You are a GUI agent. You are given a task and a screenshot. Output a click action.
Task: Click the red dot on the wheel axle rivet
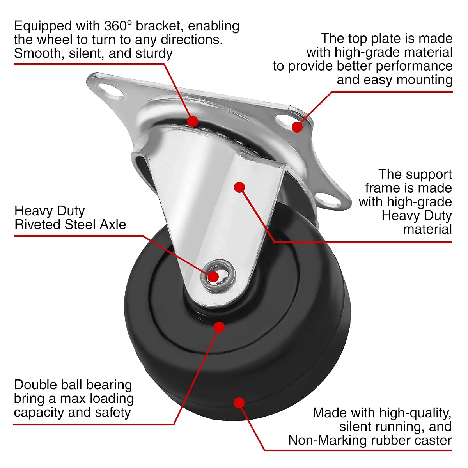coord(213,277)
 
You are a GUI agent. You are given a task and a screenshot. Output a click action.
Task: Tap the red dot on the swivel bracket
coord(193,121)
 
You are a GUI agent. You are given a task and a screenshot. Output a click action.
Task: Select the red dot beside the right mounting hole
coord(297,127)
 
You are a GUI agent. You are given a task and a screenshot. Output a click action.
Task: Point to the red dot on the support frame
coord(239,187)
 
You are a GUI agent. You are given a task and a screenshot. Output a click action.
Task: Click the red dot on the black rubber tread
coord(239,403)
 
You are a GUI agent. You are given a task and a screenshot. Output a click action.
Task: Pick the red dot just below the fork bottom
coord(220,327)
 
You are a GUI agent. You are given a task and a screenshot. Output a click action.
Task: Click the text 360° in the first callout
coord(119,26)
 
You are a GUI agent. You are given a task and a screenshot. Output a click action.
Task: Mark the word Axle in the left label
coord(113,225)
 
